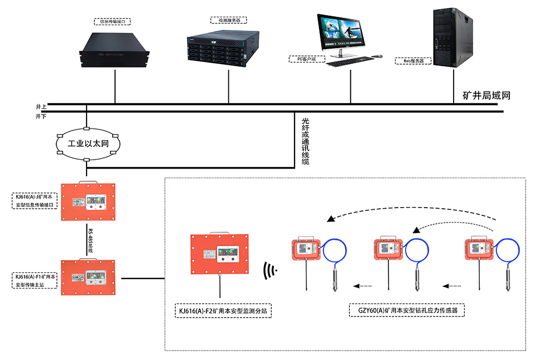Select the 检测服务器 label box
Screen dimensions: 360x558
[229, 20]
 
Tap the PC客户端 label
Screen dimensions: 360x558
[304, 58]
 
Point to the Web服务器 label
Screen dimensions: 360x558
[413, 60]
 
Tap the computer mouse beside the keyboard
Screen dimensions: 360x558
[378, 56]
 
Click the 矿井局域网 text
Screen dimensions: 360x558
[487, 95]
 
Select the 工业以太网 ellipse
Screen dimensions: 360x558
[87, 143]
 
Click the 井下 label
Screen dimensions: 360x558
[41, 116]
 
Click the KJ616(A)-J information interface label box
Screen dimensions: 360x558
[34, 201]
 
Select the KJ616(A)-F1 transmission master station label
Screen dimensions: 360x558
[34, 281]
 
